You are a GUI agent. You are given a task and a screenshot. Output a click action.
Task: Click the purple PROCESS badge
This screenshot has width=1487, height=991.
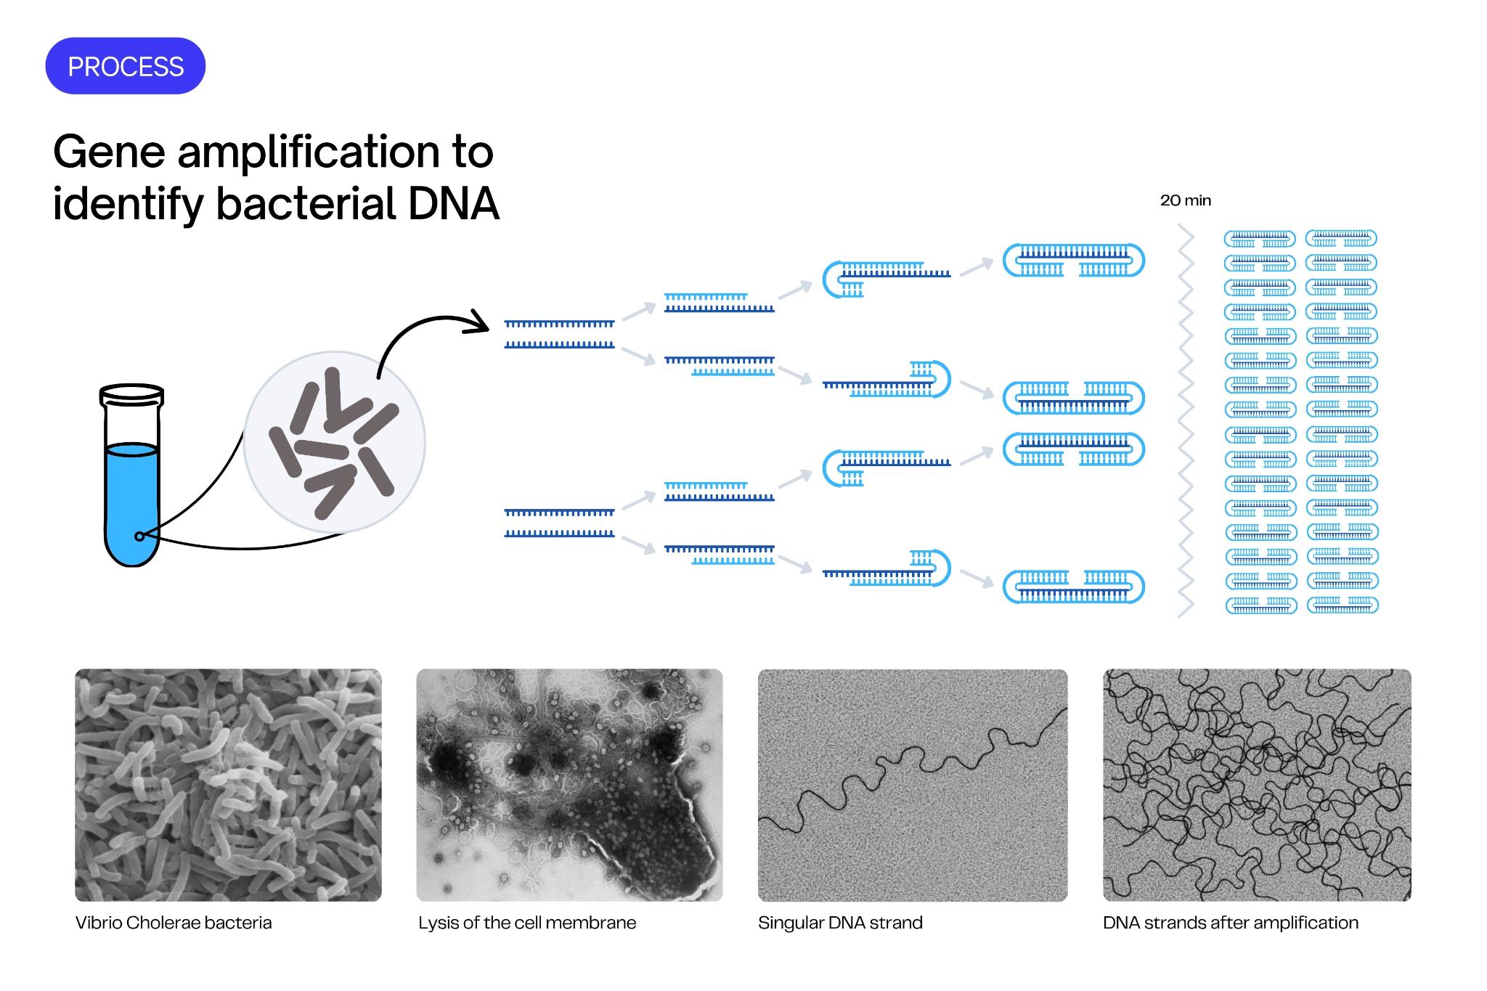(x=125, y=66)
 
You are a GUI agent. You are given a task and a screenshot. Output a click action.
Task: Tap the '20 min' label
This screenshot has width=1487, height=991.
(x=1185, y=200)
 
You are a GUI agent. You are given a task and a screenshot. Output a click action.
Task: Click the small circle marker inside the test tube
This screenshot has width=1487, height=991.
(x=139, y=537)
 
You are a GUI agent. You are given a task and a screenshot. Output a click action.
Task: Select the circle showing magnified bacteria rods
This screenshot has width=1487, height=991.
(x=335, y=442)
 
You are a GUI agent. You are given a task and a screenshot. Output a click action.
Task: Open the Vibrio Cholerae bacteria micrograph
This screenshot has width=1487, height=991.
(x=228, y=785)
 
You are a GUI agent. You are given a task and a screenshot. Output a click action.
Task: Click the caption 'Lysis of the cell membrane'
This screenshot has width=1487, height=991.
(x=527, y=923)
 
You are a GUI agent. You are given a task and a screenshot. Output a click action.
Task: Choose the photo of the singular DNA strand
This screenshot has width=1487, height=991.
(x=913, y=785)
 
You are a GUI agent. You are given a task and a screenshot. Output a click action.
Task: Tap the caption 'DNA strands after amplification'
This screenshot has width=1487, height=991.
(x=1230, y=923)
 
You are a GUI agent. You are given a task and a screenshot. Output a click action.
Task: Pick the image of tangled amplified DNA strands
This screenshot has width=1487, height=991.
(x=1257, y=785)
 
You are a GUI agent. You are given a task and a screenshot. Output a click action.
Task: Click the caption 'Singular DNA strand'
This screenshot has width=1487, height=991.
(x=840, y=923)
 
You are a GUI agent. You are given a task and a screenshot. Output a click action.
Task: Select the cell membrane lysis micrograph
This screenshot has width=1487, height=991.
(x=569, y=785)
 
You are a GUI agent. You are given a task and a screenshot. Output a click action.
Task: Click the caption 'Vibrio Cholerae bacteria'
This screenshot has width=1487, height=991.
(x=174, y=923)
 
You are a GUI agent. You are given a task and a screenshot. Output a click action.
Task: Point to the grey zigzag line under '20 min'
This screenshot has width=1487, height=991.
(x=1185, y=421)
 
